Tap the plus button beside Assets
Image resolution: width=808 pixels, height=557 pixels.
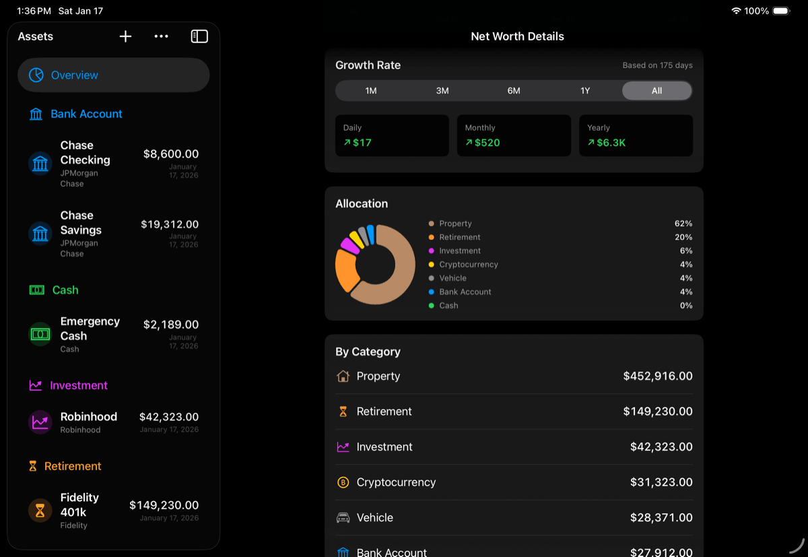[x=125, y=36]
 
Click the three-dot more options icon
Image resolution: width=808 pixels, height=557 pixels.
[x=161, y=36]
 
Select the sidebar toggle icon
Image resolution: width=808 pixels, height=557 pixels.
[x=199, y=36]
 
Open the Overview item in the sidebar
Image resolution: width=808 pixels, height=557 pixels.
[x=113, y=75]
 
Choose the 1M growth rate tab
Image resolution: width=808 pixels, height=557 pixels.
[x=371, y=91]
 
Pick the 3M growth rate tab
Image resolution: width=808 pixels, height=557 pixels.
[x=442, y=91]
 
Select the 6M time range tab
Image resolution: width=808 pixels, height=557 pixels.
[x=514, y=91]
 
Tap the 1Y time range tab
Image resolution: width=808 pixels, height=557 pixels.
[x=585, y=91]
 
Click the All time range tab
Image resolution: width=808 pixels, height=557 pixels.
[x=656, y=91]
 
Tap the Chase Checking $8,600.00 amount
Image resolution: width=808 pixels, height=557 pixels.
[x=170, y=154]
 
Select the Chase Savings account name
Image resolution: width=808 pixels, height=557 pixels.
[x=81, y=223]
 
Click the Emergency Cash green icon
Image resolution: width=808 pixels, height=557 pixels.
[x=40, y=334]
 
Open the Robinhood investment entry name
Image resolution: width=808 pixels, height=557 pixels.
[x=89, y=417]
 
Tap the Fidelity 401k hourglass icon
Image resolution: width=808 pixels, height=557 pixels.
[x=40, y=511]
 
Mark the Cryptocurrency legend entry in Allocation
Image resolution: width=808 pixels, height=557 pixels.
[x=468, y=265]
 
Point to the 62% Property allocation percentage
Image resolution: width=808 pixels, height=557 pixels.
[x=683, y=224]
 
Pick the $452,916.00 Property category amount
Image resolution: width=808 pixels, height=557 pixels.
[x=657, y=376]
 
